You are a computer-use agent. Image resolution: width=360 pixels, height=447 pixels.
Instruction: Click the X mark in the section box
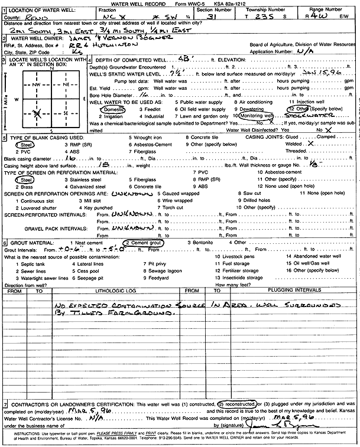37,112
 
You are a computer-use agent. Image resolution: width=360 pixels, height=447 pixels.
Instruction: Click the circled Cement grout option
145,243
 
